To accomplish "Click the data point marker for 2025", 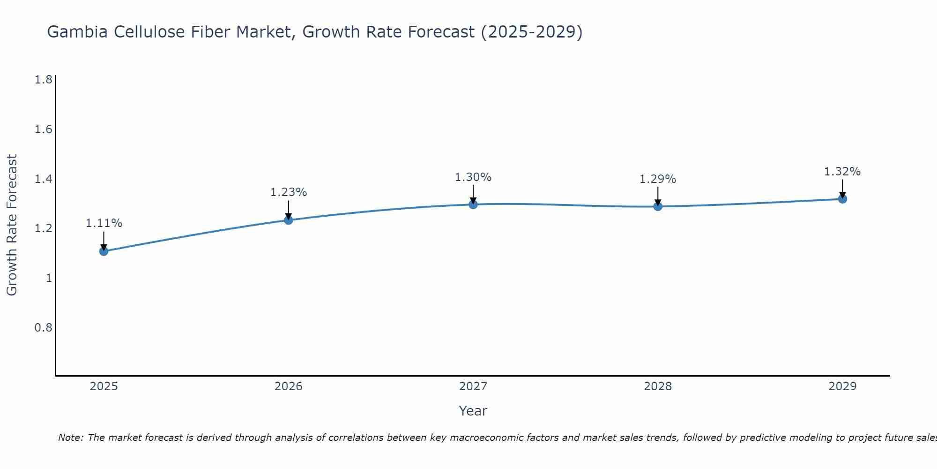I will pos(104,251).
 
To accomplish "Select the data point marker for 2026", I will pos(289,220).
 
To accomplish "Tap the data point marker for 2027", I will pos(473,204).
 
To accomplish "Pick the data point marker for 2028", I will pos(658,206).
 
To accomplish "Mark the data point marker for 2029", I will pos(842,199).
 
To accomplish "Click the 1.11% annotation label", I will pos(104,223).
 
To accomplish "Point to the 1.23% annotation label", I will pos(289,192).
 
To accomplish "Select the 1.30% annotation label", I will pos(473,177).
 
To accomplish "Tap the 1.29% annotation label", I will pos(658,179).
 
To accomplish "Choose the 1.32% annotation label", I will pos(842,172).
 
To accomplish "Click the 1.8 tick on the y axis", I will pos(43,80).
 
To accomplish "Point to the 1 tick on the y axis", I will pos(48,278).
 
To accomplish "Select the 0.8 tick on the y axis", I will pos(43,327).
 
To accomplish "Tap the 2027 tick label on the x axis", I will pos(473,386).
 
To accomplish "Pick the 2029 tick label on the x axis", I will pos(842,386).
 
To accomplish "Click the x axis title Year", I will pos(473,411).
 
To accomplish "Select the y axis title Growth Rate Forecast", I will pos(12,225).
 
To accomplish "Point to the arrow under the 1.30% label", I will pos(473,193).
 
